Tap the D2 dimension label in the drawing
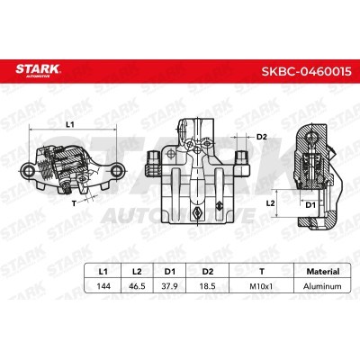(x=262, y=137)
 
